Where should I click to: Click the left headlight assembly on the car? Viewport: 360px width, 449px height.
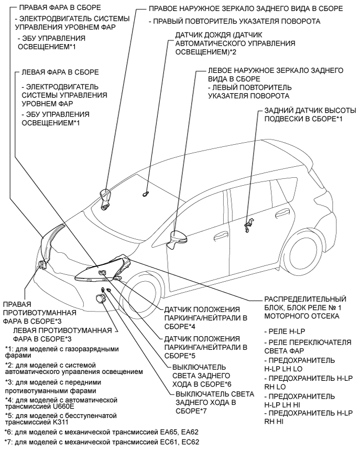click(x=104, y=270)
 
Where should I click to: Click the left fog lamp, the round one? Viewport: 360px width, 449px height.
click(x=99, y=298)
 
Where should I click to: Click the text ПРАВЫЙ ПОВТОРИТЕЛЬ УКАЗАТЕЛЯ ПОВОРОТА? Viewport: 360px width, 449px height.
click(x=234, y=22)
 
